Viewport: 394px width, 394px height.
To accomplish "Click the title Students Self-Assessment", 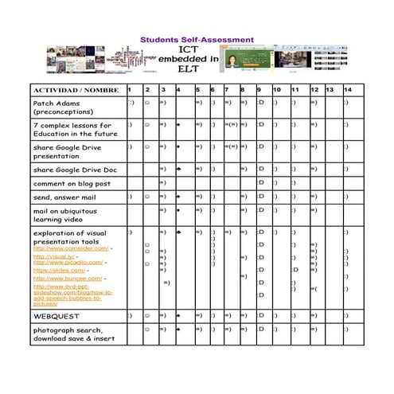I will coord(197,39).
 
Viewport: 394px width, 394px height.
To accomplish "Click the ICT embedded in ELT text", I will coord(189,60).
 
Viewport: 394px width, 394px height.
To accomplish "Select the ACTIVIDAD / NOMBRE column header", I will coord(72,90).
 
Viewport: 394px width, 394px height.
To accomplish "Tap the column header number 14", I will coord(347,90).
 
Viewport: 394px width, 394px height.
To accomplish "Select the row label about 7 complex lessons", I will coord(72,130).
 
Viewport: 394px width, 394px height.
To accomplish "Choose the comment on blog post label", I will coord(71,184).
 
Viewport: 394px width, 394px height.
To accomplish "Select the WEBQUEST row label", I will coord(55,316).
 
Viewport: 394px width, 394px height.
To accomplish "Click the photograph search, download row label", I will coord(73,334).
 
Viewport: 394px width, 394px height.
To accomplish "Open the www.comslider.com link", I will coord(71,248).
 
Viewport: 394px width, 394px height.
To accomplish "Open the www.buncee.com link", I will coord(68,278).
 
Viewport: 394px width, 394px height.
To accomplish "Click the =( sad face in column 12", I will coord(314,287).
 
